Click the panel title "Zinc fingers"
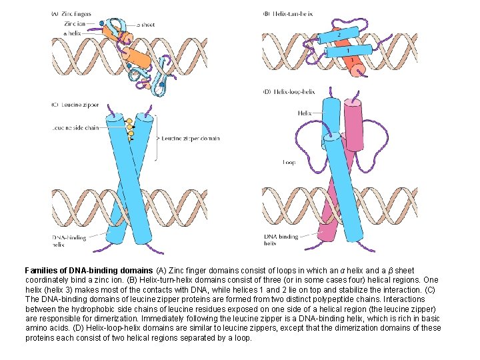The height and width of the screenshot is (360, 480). [75, 14]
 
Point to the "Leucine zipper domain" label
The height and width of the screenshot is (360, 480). [190, 138]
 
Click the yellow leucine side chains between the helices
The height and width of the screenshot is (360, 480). [131, 128]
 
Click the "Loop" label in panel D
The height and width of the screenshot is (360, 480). [289, 162]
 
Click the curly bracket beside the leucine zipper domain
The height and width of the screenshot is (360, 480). [157, 138]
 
